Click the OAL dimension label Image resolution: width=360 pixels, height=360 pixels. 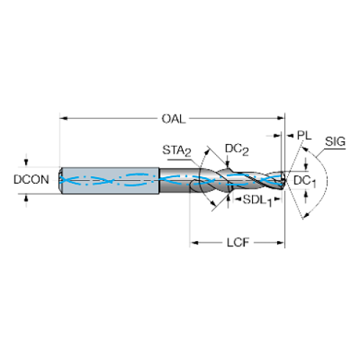[173, 119]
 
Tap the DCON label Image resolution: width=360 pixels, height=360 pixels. [32, 180]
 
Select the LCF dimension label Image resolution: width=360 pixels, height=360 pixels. [238, 242]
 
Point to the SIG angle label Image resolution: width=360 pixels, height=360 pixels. [335, 142]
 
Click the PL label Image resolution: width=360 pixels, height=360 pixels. [304, 135]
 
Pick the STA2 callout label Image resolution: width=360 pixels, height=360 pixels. [176, 151]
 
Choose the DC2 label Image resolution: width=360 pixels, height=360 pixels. [237, 149]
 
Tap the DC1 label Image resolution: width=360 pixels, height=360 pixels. [305, 181]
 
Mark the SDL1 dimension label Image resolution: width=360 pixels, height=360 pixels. [257, 201]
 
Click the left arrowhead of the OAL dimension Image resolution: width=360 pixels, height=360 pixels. [63, 118]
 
